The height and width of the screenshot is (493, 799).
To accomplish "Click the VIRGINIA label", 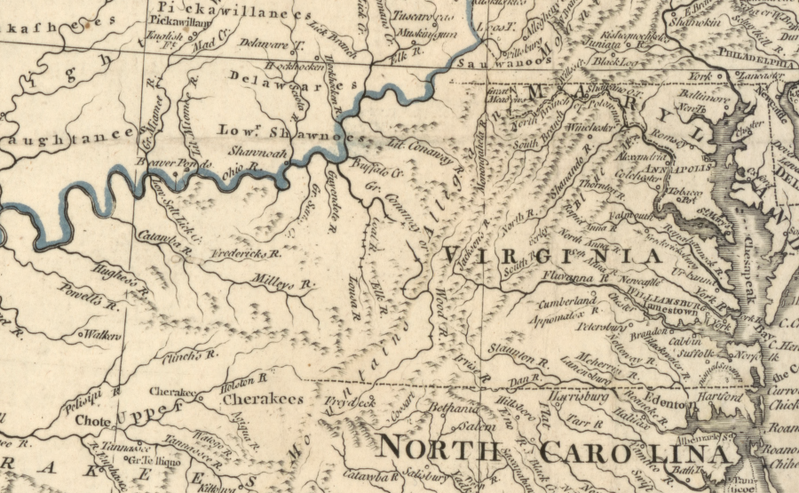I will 552,256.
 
